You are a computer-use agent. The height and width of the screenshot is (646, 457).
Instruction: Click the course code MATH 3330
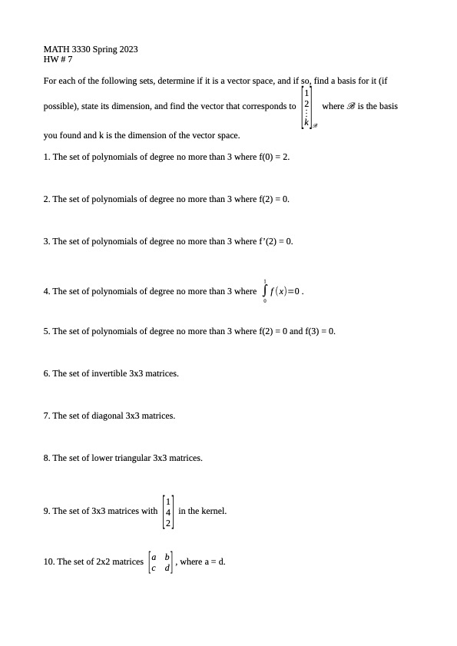tap(66, 49)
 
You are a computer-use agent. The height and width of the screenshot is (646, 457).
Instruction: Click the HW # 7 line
tap(58, 59)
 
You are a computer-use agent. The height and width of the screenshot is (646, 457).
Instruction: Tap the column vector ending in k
tap(306, 106)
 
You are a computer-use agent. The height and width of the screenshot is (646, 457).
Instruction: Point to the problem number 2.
tap(47, 199)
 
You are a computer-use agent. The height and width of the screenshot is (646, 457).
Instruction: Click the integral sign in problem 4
tap(265, 290)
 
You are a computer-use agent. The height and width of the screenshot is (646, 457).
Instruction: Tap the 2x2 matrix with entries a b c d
tap(161, 562)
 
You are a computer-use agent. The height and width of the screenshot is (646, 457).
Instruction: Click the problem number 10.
tap(49, 562)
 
